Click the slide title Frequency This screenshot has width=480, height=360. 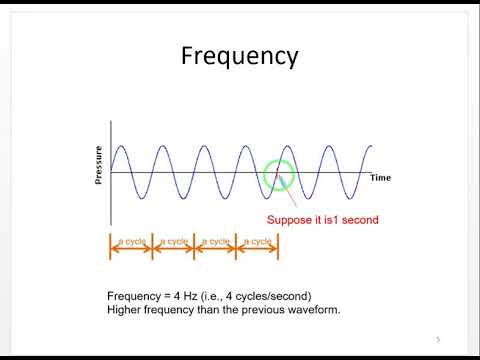pos(239,55)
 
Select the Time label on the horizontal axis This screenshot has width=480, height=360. pos(380,178)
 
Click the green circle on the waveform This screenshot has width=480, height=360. pos(278,176)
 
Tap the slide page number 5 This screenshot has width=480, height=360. pos(437,338)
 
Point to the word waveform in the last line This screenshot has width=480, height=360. pos(310,310)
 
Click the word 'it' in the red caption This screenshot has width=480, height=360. pos(320,220)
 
